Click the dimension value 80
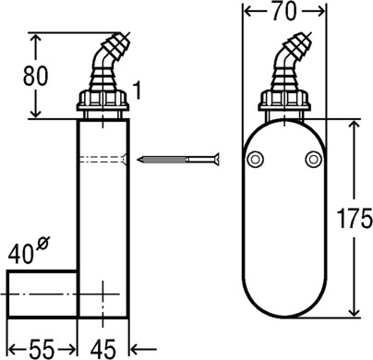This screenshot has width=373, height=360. click(36, 76)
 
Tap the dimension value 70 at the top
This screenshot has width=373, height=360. click(284, 12)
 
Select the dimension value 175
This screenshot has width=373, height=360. click(355, 218)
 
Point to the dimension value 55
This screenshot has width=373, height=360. click(42, 350)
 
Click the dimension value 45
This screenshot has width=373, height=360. click(103, 350)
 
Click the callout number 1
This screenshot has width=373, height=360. click(138, 90)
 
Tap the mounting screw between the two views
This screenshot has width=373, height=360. click(179, 160)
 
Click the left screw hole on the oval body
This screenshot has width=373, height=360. click(255, 160)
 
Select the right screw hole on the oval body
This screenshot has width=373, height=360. click(313, 160)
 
